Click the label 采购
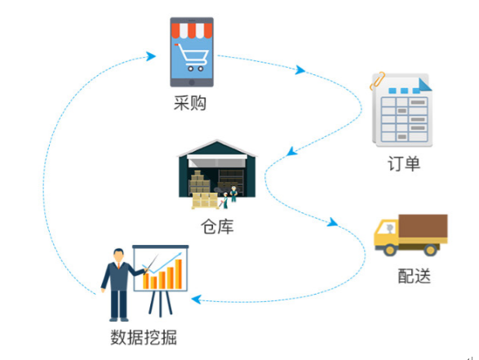coord(189,103)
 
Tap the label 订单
coord(404,163)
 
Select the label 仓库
coord(217,226)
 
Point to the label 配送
coord(415,276)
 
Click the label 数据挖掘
coord(144,337)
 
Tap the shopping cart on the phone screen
coord(192,57)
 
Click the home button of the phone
coord(192,82)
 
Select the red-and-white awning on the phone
coord(192,30)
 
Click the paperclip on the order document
coord(377,80)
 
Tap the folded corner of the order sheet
coord(425,85)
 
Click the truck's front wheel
coord(390,250)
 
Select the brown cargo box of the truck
coord(423,226)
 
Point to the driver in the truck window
coord(389,229)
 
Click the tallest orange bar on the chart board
coord(179,273)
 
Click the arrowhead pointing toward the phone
coord(151,56)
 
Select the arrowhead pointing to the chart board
coord(196,300)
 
